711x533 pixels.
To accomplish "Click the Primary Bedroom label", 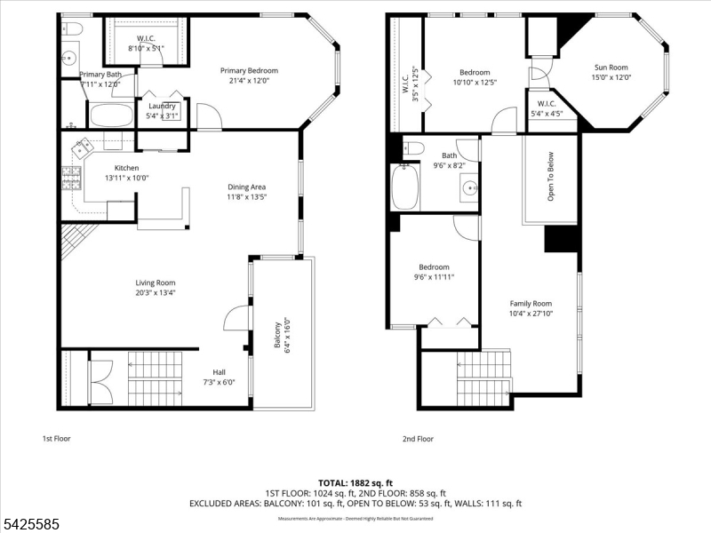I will pyautogui.click(x=250, y=71).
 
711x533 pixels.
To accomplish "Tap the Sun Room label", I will pyautogui.click(x=611, y=68).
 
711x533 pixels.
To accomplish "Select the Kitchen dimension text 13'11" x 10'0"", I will pyautogui.click(x=126, y=178).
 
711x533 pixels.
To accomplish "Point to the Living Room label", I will pyautogui.click(x=156, y=282).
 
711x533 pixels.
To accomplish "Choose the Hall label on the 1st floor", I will pyautogui.click(x=219, y=372).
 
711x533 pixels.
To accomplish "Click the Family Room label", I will pyautogui.click(x=531, y=303).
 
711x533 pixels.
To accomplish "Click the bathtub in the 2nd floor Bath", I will pyautogui.click(x=406, y=187).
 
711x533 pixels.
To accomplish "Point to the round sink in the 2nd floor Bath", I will pyautogui.click(x=468, y=187).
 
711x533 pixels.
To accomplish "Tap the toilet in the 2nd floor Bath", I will pyautogui.click(x=413, y=147).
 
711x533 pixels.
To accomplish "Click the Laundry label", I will pyautogui.click(x=162, y=106).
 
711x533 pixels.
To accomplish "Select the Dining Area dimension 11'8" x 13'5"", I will pyautogui.click(x=246, y=196).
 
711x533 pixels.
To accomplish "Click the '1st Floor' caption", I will pyautogui.click(x=56, y=439).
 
